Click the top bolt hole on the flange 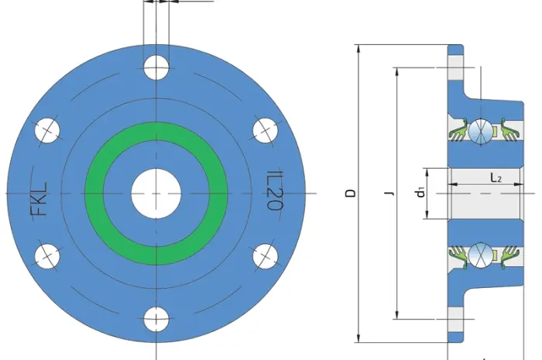(x=156, y=67)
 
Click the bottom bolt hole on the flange (x=156, y=319)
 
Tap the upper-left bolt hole (x=47, y=130)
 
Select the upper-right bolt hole (x=265, y=130)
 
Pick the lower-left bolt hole (x=47, y=256)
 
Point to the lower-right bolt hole (x=265, y=256)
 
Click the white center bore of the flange (x=156, y=194)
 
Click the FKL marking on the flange (x=39, y=199)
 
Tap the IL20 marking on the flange (x=275, y=190)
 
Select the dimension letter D (x=351, y=193)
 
